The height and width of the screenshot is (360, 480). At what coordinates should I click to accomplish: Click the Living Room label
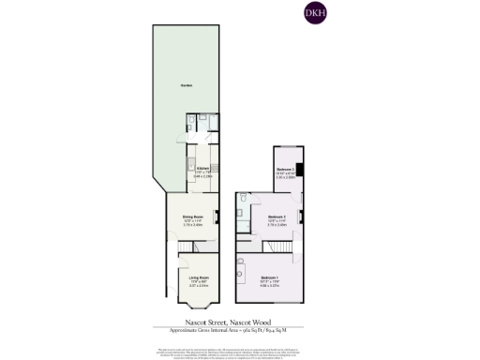click(x=199, y=278)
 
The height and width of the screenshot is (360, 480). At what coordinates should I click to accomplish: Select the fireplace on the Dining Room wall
click(x=218, y=218)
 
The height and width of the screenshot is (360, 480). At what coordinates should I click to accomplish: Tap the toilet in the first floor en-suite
click(x=242, y=199)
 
